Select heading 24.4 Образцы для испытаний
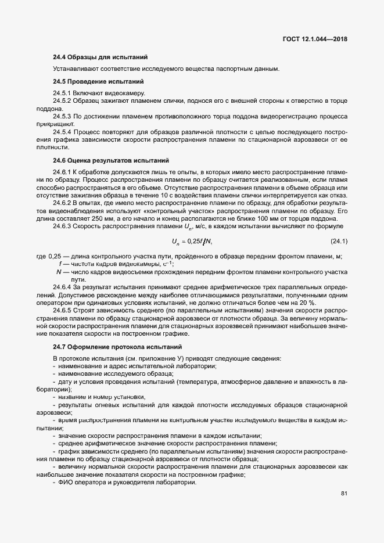coord(100,57)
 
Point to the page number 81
coord(344,494)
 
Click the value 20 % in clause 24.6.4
coord(307,302)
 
